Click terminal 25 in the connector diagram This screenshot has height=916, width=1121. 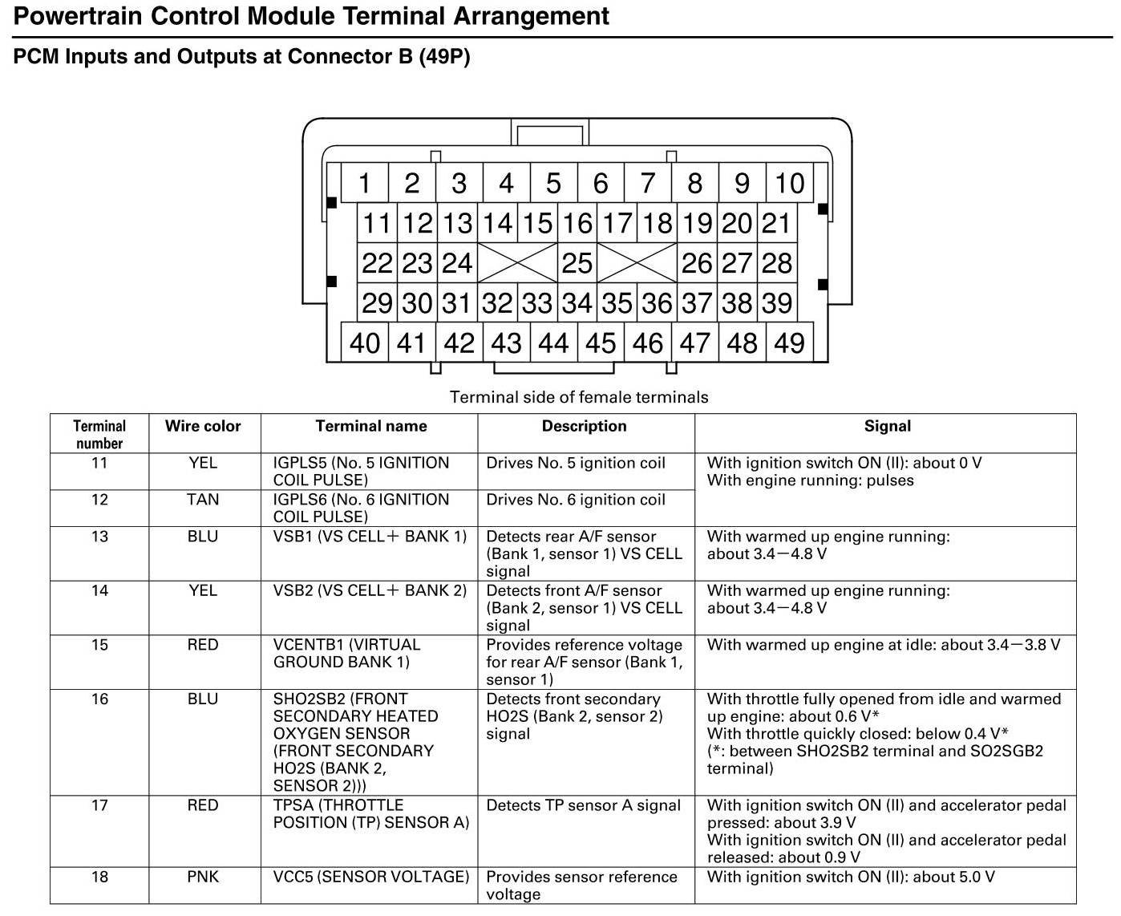(577, 263)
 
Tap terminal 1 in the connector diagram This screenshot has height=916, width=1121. (364, 184)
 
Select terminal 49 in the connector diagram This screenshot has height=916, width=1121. (789, 343)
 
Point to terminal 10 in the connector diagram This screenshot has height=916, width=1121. (789, 184)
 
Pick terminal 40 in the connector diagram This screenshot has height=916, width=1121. (364, 343)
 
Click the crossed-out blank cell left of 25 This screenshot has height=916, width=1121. (517, 263)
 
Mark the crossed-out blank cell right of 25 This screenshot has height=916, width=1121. (637, 263)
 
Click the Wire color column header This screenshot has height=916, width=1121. (203, 427)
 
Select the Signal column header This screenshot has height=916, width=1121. (887, 427)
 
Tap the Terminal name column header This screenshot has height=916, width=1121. (370, 427)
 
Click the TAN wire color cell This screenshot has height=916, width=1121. (203, 500)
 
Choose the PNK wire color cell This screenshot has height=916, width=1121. (203, 877)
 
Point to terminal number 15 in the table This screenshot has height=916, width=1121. (99, 645)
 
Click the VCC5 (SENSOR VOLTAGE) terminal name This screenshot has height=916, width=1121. (370, 877)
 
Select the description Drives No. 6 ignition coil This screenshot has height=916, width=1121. (576, 500)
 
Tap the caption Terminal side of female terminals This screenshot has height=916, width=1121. (579, 397)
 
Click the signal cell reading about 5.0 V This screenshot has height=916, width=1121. (851, 877)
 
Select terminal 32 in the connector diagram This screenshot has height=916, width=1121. (497, 303)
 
